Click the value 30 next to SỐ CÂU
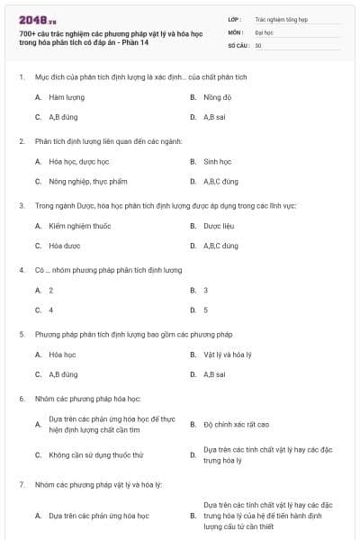pyautogui.click(x=258, y=44)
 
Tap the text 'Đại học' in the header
pyautogui.click(x=264, y=31)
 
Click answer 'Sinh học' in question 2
pyautogui.click(x=217, y=162)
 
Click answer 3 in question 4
pyautogui.click(x=206, y=290)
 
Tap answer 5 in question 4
pyautogui.click(x=206, y=310)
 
